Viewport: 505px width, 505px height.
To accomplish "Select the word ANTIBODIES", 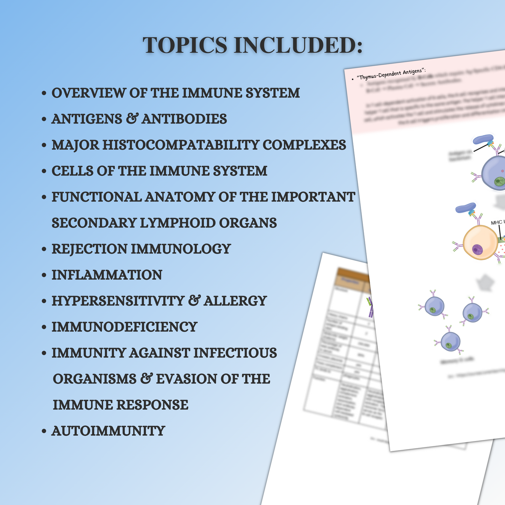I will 184,119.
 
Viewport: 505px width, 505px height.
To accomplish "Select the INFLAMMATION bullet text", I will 107,275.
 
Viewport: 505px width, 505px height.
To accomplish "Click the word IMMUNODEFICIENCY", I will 124,327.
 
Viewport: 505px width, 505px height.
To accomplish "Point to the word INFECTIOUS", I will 235,353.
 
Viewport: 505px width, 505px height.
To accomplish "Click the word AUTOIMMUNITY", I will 108,431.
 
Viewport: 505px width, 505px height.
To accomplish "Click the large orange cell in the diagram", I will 481,242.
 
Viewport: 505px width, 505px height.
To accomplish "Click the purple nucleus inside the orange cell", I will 477,250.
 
